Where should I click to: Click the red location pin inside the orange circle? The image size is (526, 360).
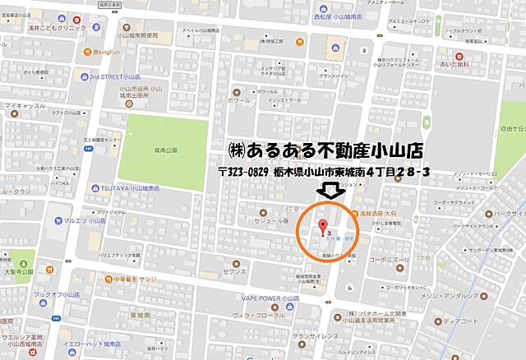coord(322,227)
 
